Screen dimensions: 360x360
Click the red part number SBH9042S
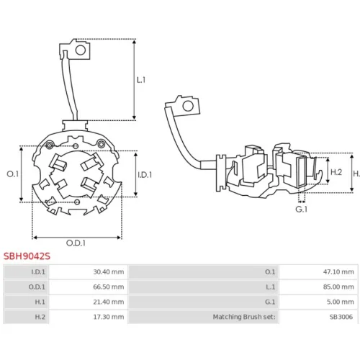click(27, 256)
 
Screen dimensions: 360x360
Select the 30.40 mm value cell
click(109, 272)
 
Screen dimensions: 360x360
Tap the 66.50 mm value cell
click(109, 287)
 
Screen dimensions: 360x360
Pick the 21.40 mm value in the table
click(109, 302)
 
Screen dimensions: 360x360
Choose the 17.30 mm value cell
click(109, 317)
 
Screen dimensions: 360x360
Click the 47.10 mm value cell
click(338, 272)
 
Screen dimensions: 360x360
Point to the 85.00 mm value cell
click(338, 287)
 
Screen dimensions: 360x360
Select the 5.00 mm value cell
click(341, 302)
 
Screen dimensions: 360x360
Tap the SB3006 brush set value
click(341, 317)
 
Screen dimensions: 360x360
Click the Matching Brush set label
click(244, 317)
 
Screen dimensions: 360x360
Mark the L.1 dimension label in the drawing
click(141, 80)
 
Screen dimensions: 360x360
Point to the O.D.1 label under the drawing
click(76, 243)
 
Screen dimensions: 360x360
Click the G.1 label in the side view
click(302, 210)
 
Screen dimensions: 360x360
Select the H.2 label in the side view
click(336, 172)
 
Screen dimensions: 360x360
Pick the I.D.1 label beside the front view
click(145, 175)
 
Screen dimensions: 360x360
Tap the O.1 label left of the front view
click(12, 174)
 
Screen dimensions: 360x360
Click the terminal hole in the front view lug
click(81, 50)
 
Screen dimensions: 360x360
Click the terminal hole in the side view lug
click(188, 106)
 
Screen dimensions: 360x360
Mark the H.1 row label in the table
click(40, 302)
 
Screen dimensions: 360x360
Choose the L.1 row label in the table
click(271, 287)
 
